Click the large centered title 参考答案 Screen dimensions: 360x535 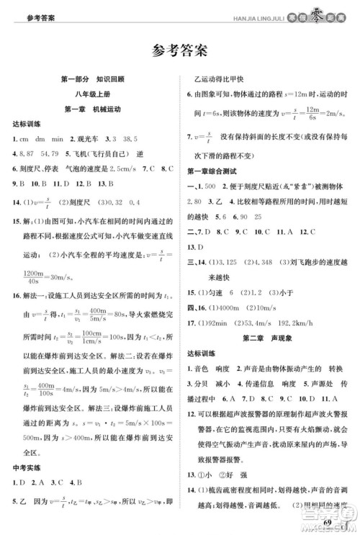click(180, 50)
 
